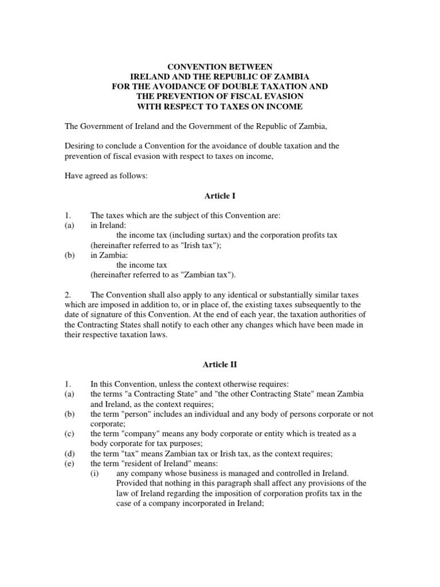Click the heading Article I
click(x=220, y=196)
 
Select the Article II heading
click(x=220, y=363)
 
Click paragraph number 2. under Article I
click(x=68, y=295)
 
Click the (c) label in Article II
click(x=69, y=434)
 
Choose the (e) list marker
click(x=69, y=463)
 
